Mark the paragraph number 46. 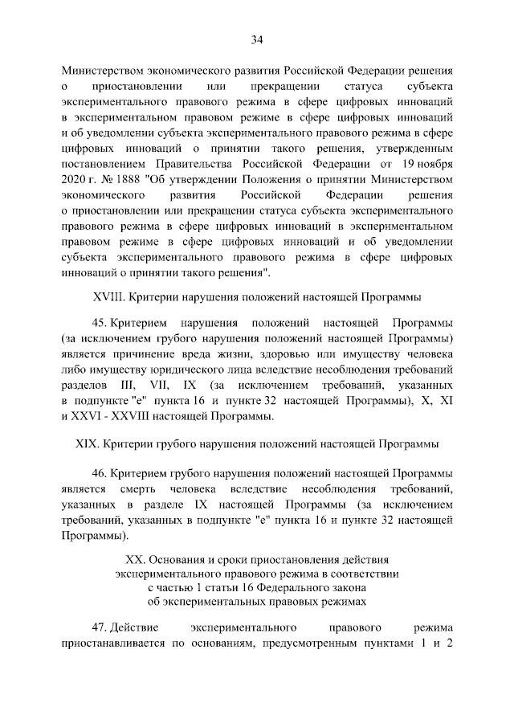point(102,472)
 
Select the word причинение point(143,355)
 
